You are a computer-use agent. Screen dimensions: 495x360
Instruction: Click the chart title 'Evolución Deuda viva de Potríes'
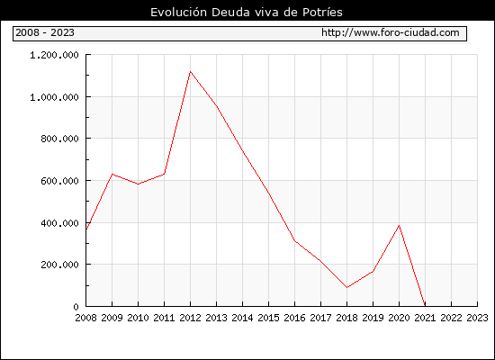pos(247,13)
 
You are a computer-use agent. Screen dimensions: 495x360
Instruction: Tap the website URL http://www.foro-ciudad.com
pos(391,32)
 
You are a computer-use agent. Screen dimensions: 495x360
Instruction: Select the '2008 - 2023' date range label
pos(45,32)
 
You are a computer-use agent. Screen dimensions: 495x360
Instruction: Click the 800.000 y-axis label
pos(59,139)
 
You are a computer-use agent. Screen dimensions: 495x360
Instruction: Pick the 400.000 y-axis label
pos(59,223)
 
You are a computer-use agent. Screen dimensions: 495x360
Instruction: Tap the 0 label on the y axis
pos(76,307)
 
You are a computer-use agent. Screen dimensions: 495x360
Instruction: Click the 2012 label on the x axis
pos(191,318)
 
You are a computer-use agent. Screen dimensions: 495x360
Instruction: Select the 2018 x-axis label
pos(346,318)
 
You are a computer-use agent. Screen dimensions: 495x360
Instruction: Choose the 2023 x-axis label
pos(477,318)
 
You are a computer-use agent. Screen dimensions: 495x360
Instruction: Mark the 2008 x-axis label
pos(85,318)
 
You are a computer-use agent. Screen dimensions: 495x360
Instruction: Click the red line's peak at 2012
pos(191,72)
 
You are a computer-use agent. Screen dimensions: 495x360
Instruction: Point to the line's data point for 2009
pos(112,174)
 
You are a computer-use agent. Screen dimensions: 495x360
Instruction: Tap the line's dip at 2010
pos(139,184)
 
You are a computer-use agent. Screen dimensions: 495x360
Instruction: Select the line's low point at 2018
pos(346,287)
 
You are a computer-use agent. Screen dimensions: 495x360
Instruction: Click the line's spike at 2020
pos(399,226)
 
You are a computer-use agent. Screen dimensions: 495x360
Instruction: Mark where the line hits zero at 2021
pos(425,306)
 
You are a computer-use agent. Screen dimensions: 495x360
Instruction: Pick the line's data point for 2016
pos(295,240)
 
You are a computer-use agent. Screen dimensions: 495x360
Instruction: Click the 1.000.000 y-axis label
pos(54,97)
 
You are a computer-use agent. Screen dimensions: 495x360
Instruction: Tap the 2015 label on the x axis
pos(269,318)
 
